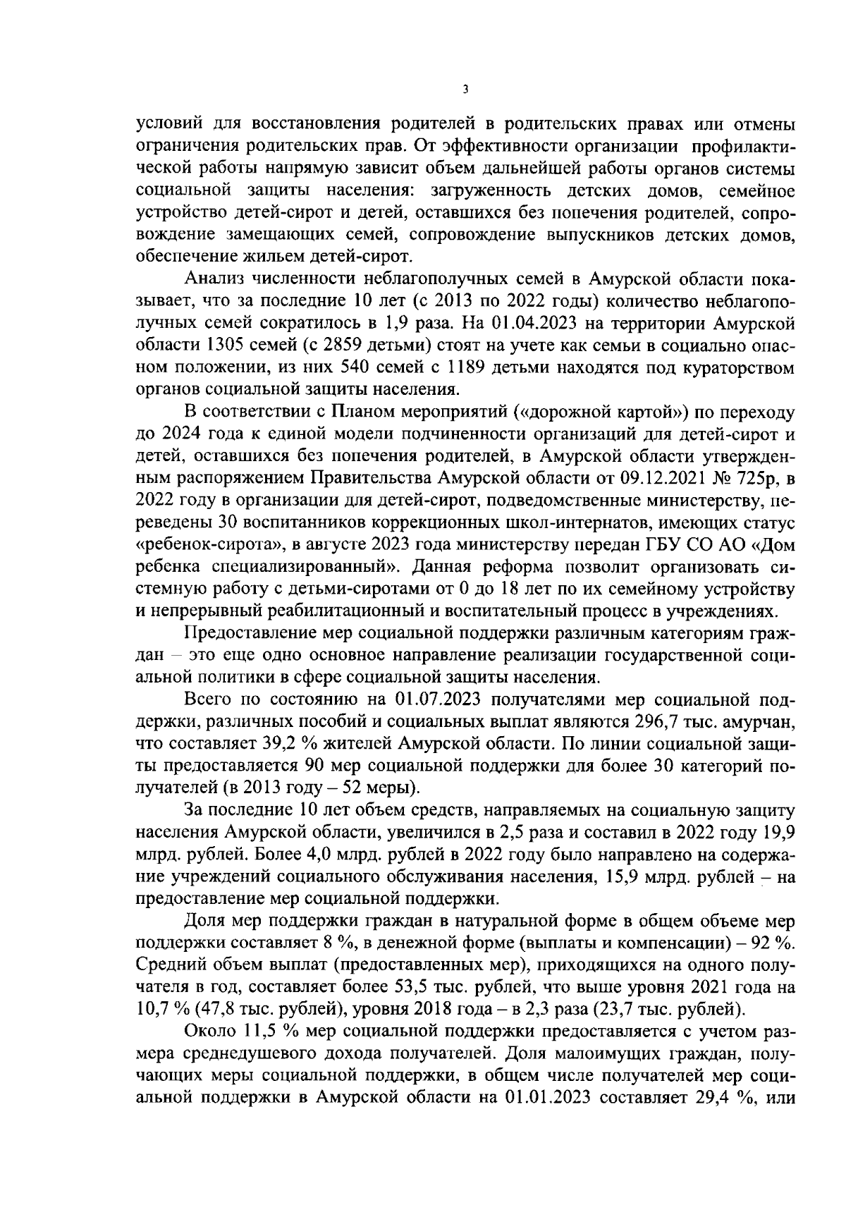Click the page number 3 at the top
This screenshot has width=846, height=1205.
pos(464,89)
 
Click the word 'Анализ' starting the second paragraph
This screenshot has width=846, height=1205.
pos(209,281)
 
